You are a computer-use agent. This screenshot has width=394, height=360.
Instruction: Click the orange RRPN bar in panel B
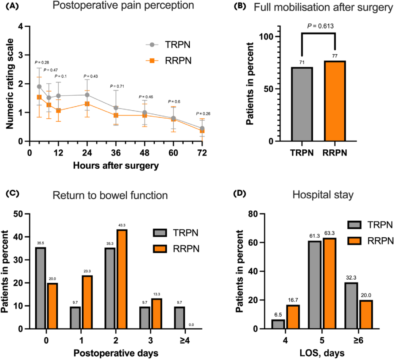335,101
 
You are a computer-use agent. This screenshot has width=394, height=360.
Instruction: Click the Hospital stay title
323,195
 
